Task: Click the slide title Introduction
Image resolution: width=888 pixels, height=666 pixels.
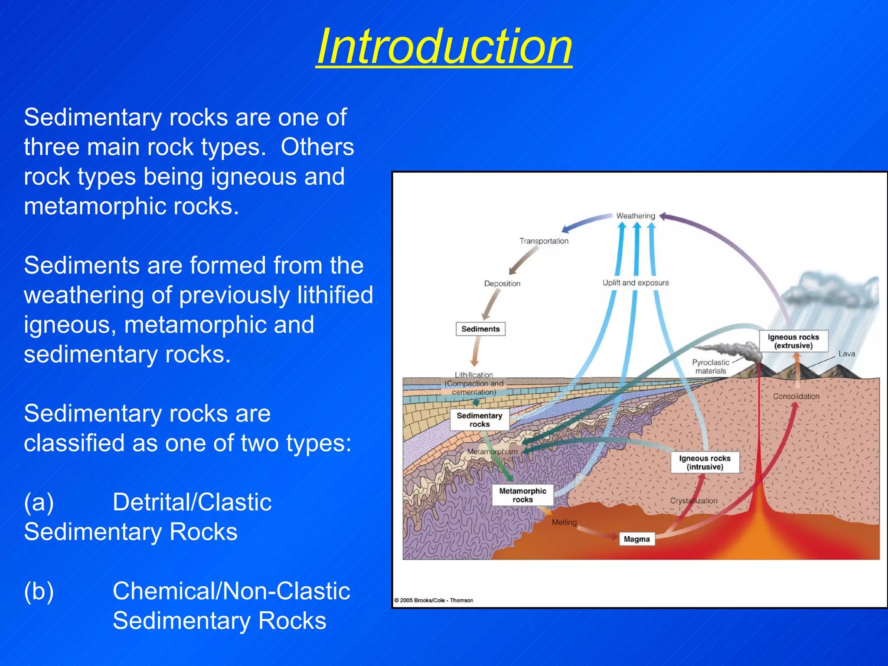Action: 444,47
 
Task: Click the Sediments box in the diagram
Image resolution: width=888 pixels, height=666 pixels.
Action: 480,329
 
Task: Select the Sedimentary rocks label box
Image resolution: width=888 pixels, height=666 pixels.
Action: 479,420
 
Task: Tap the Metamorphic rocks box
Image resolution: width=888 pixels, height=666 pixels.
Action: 522,495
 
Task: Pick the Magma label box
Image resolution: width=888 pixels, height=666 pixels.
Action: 637,539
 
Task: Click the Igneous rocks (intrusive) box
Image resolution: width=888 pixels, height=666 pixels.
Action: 705,463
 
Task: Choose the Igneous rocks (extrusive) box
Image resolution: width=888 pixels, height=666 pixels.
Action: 793,341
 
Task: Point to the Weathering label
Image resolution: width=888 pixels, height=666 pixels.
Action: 636,216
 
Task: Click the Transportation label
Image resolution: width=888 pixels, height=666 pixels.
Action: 544,241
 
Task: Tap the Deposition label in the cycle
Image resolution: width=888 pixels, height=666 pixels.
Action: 502,284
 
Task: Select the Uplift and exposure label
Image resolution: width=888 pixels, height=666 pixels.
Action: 636,283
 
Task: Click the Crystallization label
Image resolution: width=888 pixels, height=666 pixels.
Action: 694,501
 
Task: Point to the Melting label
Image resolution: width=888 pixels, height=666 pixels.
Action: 564,522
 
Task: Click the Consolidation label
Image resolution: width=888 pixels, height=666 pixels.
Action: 796,396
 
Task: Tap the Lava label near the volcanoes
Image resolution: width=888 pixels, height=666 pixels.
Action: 846,354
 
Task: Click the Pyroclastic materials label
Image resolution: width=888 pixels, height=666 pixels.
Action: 711,366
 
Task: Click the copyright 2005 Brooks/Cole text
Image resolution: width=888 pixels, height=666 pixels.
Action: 434,601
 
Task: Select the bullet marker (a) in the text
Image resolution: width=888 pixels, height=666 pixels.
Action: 39,503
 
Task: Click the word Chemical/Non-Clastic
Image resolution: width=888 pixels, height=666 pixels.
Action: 231,591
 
